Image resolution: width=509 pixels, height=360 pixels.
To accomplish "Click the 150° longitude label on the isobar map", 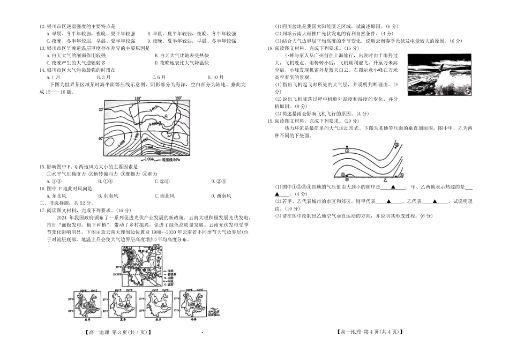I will click(177, 98).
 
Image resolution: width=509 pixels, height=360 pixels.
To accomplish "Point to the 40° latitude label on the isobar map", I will click(100, 138).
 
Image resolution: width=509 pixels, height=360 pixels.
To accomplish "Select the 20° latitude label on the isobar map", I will click(100, 109).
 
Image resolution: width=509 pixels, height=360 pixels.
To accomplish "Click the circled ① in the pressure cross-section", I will click(347, 151).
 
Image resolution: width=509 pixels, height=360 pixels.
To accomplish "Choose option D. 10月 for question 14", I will click(215, 77).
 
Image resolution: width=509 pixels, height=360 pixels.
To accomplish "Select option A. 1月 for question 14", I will click(53, 77).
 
